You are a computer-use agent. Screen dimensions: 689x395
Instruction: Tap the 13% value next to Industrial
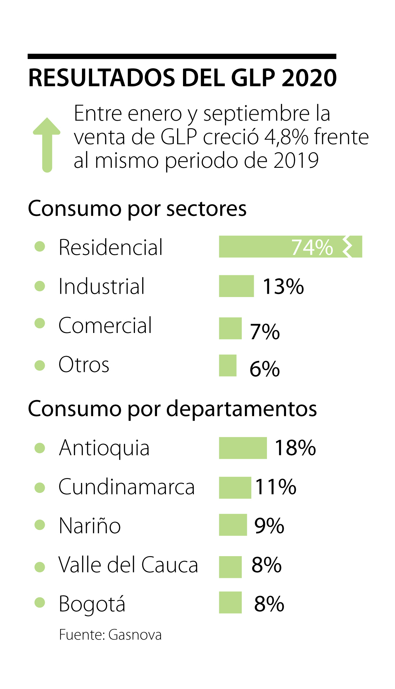click(283, 286)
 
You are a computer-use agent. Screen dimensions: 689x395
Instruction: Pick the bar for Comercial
click(230, 328)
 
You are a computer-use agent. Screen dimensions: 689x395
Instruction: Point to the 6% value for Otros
click(265, 369)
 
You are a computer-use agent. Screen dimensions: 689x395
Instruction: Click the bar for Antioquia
click(243, 448)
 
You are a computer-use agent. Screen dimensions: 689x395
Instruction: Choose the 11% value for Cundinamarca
click(276, 487)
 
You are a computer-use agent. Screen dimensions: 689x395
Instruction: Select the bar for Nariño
click(233, 525)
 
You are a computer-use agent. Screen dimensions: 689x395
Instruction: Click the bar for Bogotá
click(230, 603)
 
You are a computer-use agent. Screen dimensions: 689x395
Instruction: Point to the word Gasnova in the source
click(135, 635)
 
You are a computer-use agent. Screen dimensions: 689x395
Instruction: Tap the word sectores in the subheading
click(206, 209)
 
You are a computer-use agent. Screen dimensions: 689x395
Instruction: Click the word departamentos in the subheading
click(242, 409)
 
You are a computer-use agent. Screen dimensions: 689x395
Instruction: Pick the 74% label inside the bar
click(312, 247)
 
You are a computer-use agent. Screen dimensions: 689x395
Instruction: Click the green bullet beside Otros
click(40, 365)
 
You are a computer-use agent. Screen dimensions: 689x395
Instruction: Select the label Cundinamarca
click(126, 487)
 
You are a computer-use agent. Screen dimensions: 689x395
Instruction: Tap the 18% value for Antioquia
click(295, 448)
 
